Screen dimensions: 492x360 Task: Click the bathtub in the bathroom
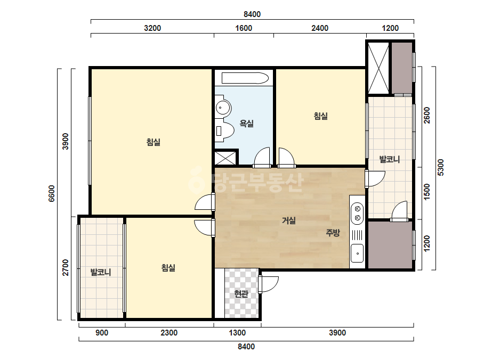pyautogui.click(x=245, y=78)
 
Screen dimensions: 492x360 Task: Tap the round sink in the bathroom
pyautogui.click(x=223, y=108)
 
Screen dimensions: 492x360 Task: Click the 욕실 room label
pyautogui.click(x=247, y=124)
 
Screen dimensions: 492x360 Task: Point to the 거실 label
pyautogui.click(x=289, y=221)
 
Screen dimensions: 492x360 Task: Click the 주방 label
pyautogui.click(x=333, y=233)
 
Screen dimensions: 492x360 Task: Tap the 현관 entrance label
pyautogui.click(x=241, y=294)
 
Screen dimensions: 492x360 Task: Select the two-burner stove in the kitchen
pyautogui.click(x=357, y=213)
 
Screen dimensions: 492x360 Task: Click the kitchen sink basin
pyautogui.click(x=357, y=253)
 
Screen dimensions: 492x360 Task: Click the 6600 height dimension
pyautogui.click(x=52, y=194)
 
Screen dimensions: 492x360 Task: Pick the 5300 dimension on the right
pyautogui.click(x=440, y=167)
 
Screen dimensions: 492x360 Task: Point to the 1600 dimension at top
pyautogui.click(x=244, y=28)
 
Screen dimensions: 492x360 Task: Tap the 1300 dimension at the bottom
pyautogui.click(x=237, y=333)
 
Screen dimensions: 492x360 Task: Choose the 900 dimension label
pyautogui.click(x=102, y=333)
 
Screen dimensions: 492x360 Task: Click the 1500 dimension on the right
pyautogui.click(x=427, y=192)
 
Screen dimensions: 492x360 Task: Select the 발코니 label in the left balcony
pyautogui.click(x=101, y=272)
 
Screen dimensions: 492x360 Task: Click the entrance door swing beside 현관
pyautogui.click(x=269, y=284)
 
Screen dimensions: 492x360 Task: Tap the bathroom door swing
pyautogui.click(x=262, y=157)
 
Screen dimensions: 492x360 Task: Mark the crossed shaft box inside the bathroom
pyautogui.click(x=225, y=158)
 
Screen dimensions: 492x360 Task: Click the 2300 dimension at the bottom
pyautogui.click(x=169, y=333)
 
